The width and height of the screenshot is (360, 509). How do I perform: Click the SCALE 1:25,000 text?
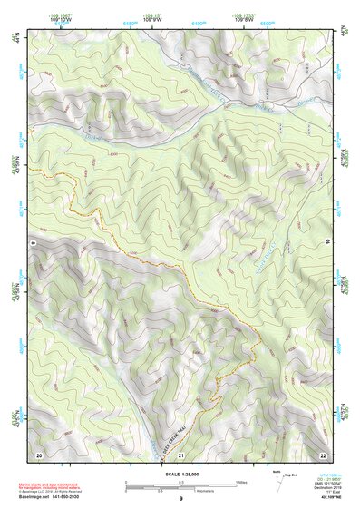(180, 474)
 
